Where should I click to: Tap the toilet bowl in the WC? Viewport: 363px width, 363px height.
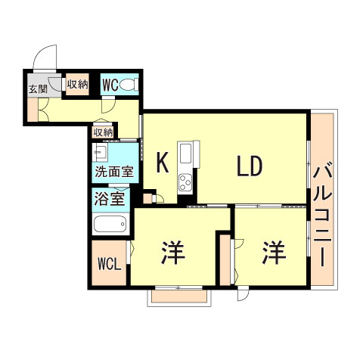tap(129, 84)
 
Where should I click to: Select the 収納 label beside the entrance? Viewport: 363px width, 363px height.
tap(76, 85)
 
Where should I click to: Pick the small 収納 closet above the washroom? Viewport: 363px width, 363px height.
tap(104, 132)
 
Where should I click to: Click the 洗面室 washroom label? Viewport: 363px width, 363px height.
tap(113, 172)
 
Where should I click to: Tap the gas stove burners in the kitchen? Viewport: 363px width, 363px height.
tap(185, 183)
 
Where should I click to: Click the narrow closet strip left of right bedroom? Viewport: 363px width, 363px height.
tap(225, 259)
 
